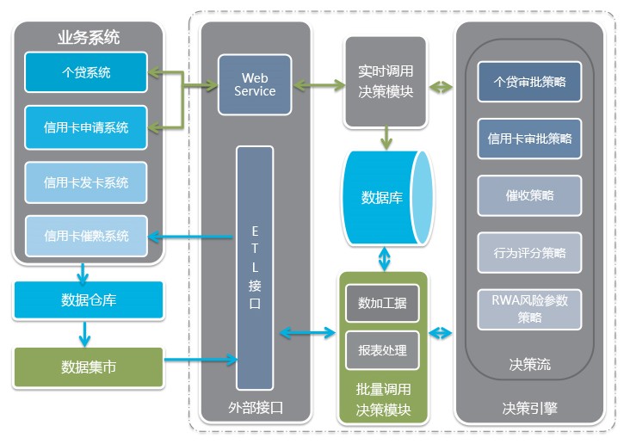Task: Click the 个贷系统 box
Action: [86, 73]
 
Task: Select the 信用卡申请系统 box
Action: [86, 127]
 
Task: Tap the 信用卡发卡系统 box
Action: [86, 182]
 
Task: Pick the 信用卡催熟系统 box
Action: [86, 236]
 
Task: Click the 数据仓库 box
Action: [89, 300]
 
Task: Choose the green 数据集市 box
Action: [89, 367]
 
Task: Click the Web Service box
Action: [255, 85]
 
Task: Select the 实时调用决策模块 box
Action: [386, 80]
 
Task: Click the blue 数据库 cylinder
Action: [383, 198]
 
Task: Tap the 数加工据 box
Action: [382, 304]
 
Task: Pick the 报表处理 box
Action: [382, 351]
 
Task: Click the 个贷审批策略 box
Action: [528, 83]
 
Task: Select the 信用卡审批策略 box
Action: [528, 138]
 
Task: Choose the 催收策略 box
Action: [528, 195]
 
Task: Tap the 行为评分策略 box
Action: [528, 253]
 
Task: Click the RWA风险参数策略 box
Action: [528, 308]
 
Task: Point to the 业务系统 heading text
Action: [89, 38]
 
